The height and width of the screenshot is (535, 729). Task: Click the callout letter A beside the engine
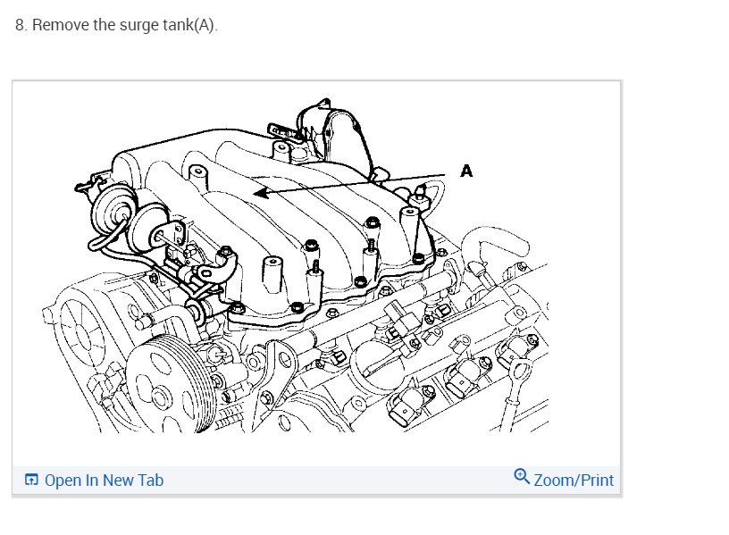point(466,170)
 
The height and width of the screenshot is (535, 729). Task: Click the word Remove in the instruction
point(61,25)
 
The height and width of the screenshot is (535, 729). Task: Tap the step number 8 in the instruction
point(20,25)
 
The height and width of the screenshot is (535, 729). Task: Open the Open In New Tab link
point(104,481)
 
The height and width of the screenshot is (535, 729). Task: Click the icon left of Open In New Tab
point(31,481)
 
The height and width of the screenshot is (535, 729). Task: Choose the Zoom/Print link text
point(574,481)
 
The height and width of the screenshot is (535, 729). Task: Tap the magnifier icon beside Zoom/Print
point(522,477)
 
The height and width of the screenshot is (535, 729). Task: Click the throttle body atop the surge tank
point(331,134)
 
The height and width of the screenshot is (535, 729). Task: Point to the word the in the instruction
point(104,25)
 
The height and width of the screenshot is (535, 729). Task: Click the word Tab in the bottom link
point(151,481)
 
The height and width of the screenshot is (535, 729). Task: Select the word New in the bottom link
point(119,481)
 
